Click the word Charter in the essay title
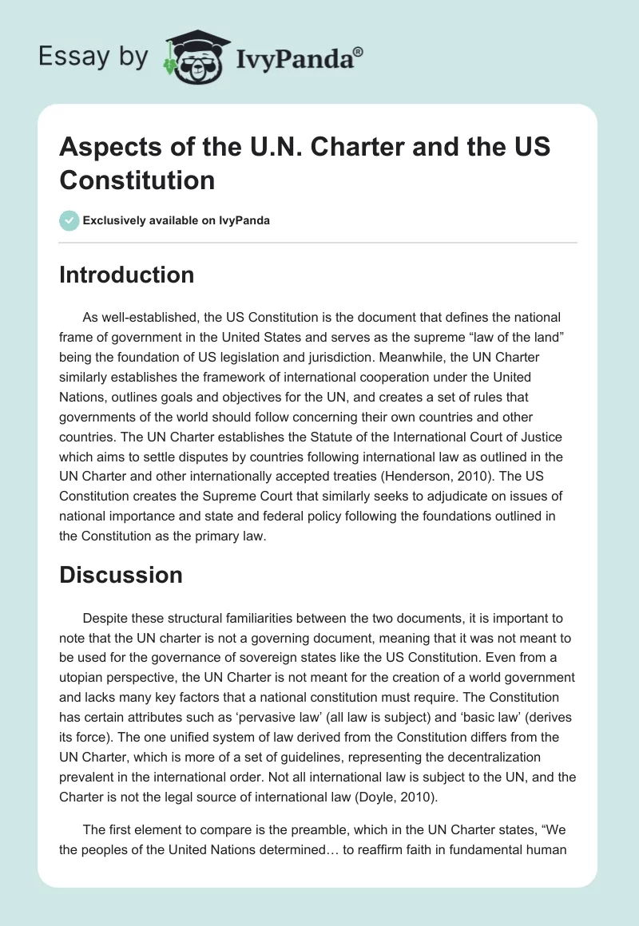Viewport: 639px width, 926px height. pyautogui.click(x=357, y=149)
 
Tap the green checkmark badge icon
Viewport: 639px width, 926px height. pyautogui.click(x=69, y=220)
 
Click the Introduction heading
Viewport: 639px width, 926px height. pyautogui.click(x=126, y=275)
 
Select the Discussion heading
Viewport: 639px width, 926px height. pyautogui.click(x=121, y=575)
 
